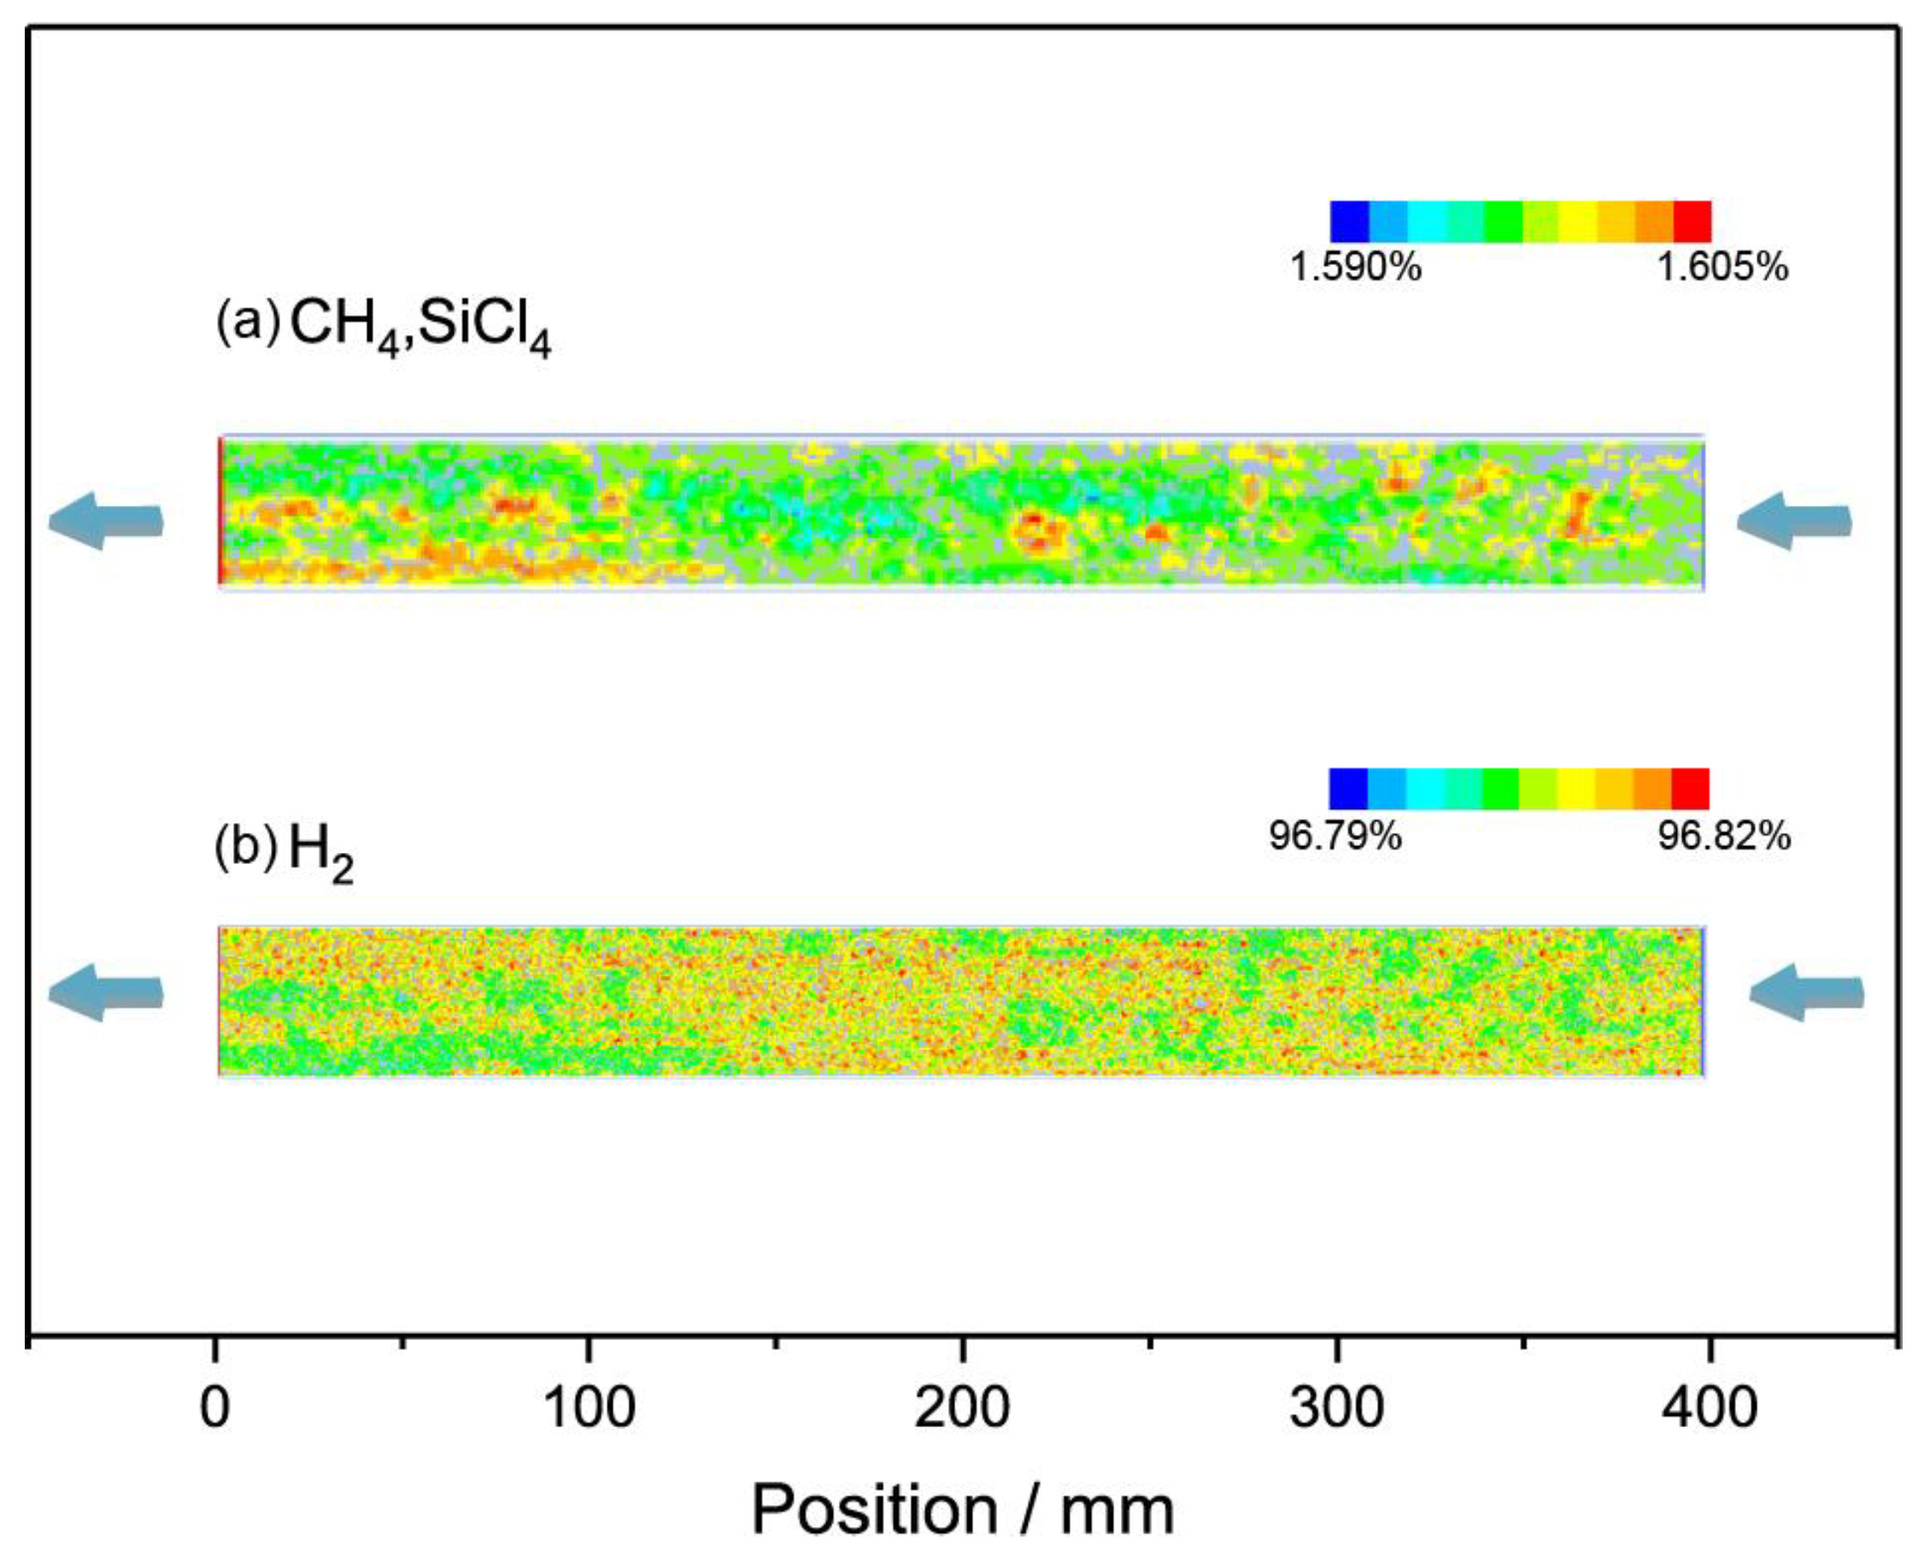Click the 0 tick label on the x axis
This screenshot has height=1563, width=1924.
click(x=214, y=1408)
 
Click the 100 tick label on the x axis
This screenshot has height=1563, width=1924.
click(x=589, y=1408)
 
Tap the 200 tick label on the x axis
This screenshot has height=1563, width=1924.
click(x=962, y=1408)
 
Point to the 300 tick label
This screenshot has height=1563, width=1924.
click(x=1336, y=1408)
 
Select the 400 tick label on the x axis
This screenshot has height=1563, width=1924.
click(x=1709, y=1408)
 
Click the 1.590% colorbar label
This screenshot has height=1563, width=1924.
click(x=1355, y=267)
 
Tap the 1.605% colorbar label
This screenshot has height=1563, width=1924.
click(x=1722, y=267)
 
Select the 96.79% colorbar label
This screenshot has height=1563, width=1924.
click(x=1334, y=837)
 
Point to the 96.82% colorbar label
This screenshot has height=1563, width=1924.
click(x=1724, y=837)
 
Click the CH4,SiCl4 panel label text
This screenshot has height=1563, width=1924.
click(x=419, y=326)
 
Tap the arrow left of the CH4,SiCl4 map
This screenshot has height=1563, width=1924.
click(x=106, y=520)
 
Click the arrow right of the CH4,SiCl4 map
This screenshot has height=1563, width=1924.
click(x=1793, y=520)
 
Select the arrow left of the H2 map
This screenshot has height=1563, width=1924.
click(x=106, y=993)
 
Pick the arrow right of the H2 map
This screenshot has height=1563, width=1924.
click(x=1806, y=993)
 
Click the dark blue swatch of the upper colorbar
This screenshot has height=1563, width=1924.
click(x=1349, y=221)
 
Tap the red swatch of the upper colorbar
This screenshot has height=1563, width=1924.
click(x=1692, y=221)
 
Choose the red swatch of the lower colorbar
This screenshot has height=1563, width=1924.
click(x=1690, y=789)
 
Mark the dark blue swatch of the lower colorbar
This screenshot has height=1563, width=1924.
click(x=1348, y=789)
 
